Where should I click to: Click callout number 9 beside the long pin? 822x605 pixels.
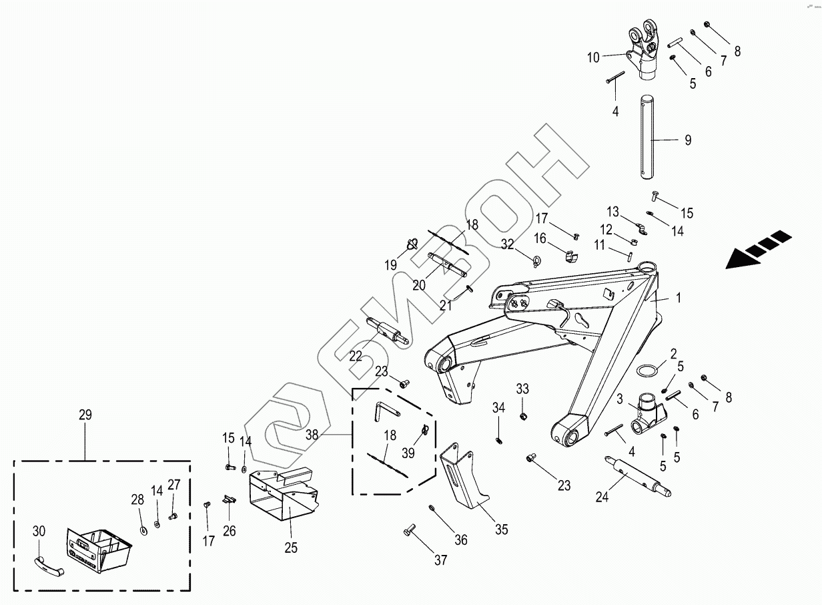pos(688,140)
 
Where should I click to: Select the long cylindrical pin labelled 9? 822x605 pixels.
pos(648,138)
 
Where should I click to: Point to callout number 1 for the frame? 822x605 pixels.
pos(679,298)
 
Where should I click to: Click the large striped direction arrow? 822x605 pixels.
pos(759,250)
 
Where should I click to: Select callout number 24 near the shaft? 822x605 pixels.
pos(602,497)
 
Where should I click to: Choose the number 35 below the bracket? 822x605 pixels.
pos(501,530)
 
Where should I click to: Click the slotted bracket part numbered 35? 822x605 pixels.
pos(464,475)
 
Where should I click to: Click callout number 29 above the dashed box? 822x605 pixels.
pos(85,415)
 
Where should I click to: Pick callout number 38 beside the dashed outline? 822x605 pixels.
pos(312,435)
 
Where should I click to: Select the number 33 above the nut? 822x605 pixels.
pos(522,389)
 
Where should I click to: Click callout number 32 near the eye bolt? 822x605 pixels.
pos(508,244)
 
